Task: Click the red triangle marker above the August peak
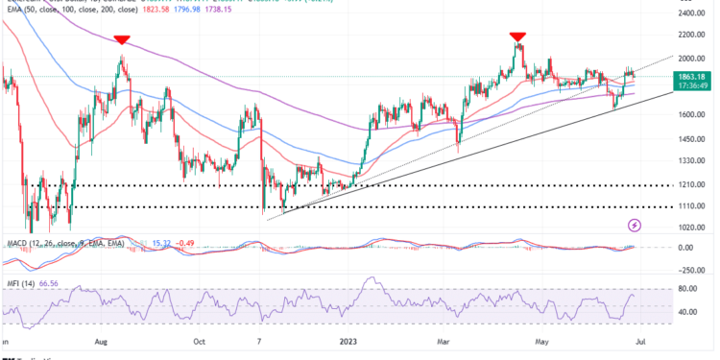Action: click(122, 40)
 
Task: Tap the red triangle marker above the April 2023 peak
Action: click(518, 36)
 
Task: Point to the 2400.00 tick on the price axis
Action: click(692, 13)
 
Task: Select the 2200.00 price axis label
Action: click(692, 35)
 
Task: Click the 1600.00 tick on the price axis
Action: click(692, 114)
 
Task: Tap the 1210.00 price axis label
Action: click(692, 184)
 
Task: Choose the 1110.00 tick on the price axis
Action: click(692, 206)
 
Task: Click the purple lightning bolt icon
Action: click(635, 226)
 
